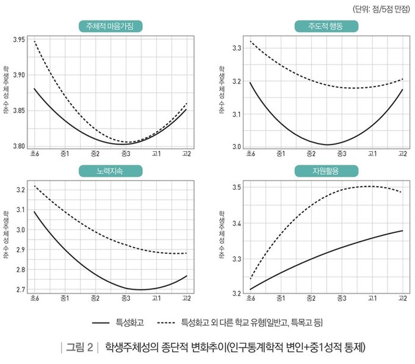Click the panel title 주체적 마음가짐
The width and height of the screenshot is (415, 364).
110,26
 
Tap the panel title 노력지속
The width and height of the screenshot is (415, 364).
110,171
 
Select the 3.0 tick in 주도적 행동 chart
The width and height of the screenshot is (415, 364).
237,147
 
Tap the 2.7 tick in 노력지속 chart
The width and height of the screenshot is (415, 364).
21,290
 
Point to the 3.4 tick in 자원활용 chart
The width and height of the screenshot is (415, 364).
237,224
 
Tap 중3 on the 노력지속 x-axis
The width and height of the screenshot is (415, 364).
126,298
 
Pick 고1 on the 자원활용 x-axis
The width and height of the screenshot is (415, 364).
372,298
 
